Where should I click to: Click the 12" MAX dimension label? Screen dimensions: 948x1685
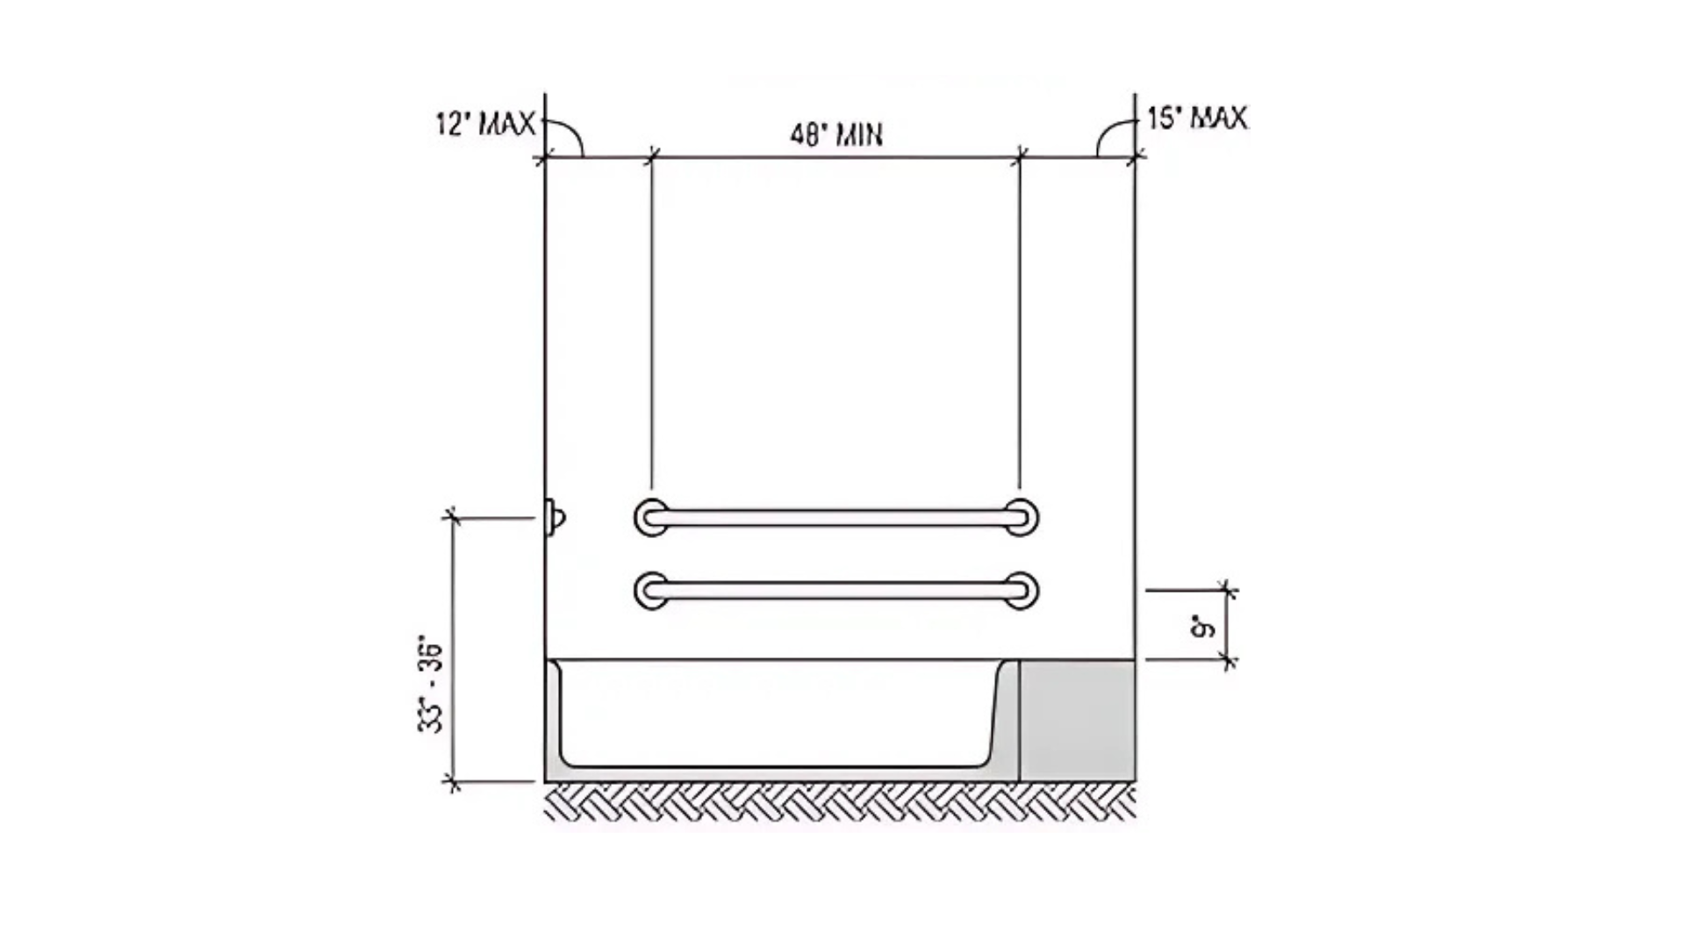[x=485, y=124]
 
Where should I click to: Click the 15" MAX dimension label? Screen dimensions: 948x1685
[x=1198, y=118]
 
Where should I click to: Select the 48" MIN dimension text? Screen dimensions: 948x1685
[x=836, y=135]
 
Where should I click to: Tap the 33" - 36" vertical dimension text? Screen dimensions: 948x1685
[x=431, y=685]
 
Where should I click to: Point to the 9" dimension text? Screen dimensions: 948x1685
[x=1203, y=628]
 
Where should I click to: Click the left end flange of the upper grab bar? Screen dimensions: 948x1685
[x=650, y=517]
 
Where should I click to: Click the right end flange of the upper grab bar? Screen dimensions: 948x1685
[x=1021, y=517]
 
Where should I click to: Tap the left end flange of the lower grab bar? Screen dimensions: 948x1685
[x=650, y=590]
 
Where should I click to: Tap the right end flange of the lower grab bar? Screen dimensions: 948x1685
[x=1021, y=590]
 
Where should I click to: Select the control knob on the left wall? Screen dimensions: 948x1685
[x=554, y=518]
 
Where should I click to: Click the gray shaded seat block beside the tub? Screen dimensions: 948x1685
[x=1077, y=721]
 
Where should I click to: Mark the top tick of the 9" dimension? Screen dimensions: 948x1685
[x=1228, y=591]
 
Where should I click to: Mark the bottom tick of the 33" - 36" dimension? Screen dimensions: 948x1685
[x=453, y=781]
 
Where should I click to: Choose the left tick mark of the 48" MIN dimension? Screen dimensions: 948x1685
[x=651, y=157]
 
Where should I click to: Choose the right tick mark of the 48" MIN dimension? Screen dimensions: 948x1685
[x=1019, y=157]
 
